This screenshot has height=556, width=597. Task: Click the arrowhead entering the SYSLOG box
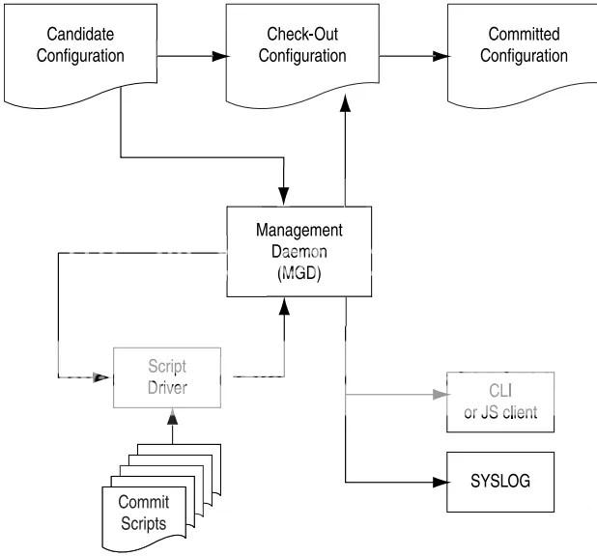440,481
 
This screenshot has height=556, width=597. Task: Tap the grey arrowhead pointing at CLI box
440,393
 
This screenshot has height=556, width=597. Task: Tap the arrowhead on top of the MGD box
283,196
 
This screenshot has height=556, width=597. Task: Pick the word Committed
521,36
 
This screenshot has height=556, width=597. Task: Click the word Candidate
76,36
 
